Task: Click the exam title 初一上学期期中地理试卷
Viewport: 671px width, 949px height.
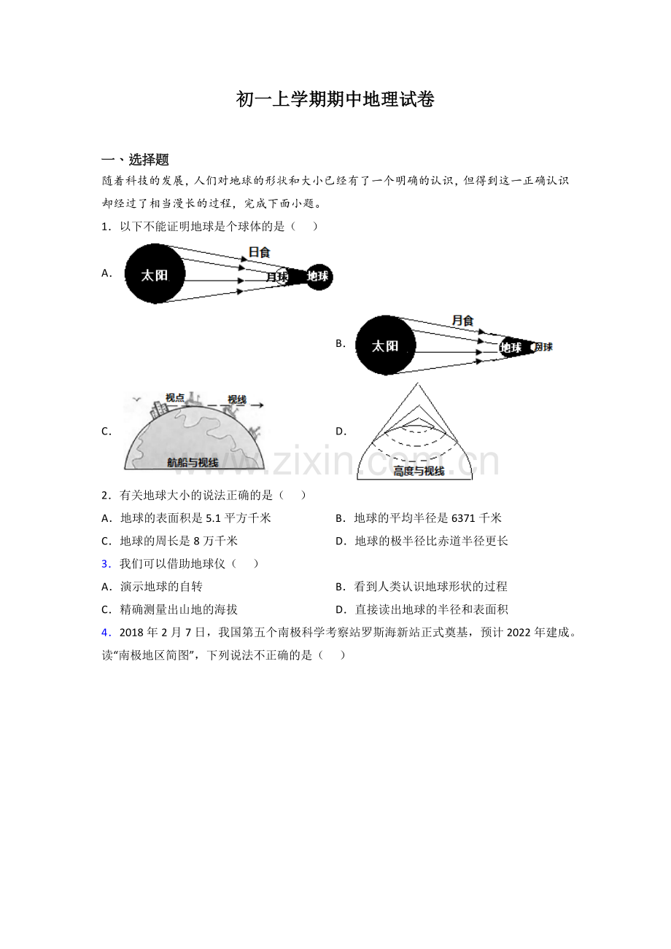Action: (335, 100)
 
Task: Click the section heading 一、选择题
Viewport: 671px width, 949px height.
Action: (136, 160)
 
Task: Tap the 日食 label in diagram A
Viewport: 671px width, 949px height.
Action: (259, 252)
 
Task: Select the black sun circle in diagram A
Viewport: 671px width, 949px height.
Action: (155, 274)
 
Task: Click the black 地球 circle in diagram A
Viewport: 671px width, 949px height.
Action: (318, 276)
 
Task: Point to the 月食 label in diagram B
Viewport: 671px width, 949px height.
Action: (462, 320)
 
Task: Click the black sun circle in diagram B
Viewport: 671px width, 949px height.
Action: (385, 345)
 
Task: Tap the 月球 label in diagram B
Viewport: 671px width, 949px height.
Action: (543, 347)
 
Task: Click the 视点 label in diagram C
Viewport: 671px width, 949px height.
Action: (175, 397)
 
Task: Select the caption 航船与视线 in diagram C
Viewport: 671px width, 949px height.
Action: (193, 462)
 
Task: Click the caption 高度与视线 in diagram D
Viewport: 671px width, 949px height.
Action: (419, 471)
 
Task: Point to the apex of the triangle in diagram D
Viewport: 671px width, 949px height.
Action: (416, 384)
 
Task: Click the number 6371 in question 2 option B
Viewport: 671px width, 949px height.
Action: (464, 518)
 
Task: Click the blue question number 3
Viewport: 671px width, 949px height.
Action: (105, 563)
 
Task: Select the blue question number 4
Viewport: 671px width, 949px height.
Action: (105, 632)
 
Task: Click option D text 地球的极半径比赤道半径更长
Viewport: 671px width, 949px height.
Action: (431, 541)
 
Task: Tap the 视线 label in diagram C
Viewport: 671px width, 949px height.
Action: (237, 399)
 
